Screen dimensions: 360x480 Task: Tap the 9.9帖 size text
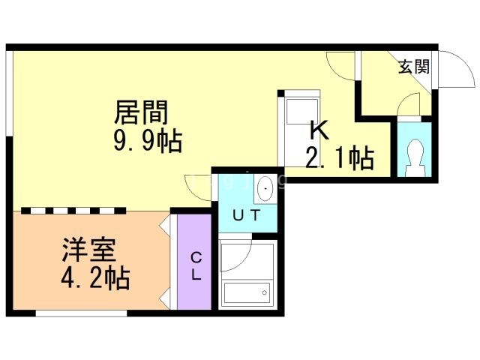(147, 140)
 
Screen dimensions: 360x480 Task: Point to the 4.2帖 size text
(95, 277)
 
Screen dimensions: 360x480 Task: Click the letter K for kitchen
(319, 130)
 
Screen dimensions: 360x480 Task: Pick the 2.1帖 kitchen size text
(339, 158)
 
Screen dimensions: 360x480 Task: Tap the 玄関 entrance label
(413, 67)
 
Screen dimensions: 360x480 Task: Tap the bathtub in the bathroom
(247, 292)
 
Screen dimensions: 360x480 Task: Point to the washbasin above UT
(265, 189)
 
